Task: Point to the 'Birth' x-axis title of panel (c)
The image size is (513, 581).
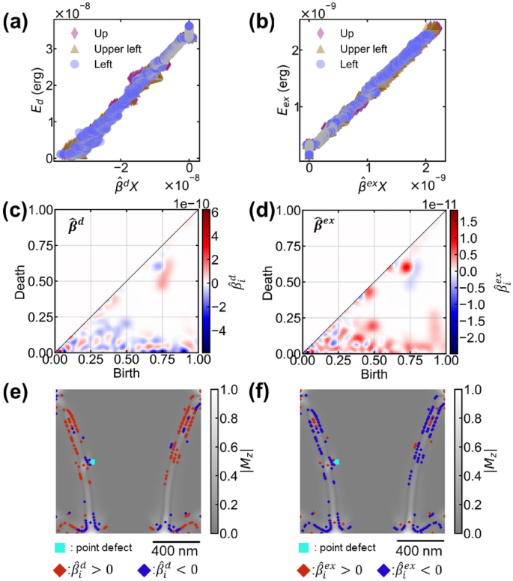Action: pyautogui.click(x=127, y=373)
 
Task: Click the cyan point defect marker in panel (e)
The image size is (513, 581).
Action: pyautogui.click(x=92, y=463)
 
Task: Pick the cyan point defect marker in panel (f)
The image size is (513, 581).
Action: pyautogui.click(x=337, y=463)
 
